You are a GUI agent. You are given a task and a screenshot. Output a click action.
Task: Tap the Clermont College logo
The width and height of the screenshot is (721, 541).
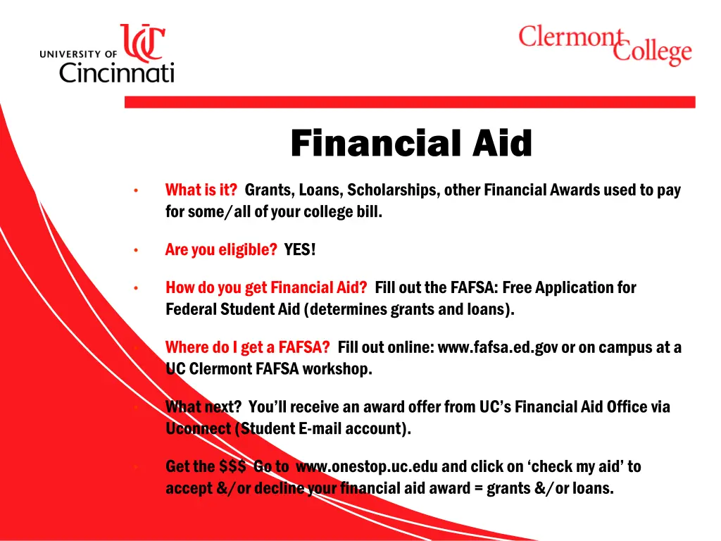(x=605, y=44)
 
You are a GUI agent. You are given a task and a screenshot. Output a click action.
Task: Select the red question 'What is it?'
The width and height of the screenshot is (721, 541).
(x=201, y=189)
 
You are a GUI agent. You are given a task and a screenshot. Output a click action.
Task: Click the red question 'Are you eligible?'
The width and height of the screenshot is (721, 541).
(x=221, y=249)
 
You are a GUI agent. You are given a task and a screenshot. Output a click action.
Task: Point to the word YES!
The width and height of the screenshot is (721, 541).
(x=300, y=249)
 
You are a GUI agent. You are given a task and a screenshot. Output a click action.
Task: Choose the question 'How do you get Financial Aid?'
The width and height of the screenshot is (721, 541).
(x=266, y=287)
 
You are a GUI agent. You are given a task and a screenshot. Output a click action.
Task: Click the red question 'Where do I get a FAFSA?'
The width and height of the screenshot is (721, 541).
(x=247, y=347)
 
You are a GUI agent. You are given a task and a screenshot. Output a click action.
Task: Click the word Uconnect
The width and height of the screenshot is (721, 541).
(x=198, y=428)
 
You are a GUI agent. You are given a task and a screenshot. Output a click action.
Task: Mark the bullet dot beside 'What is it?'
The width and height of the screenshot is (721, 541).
(x=135, y=190)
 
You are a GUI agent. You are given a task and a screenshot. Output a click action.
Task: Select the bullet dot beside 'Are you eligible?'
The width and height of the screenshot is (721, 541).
(x=135, y=250)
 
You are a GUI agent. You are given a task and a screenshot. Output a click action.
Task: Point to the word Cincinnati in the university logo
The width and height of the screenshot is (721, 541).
(x=117, y=72)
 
